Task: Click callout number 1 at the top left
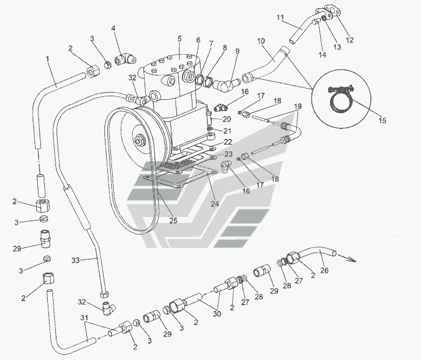tap(47, 59)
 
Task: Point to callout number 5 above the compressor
tap(180, 39)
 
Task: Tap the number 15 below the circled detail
tap(383, 121)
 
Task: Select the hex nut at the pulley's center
tap(140, 141)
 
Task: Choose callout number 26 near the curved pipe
tap(325, 270)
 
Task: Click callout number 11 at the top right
tap(279, 16)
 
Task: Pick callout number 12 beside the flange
tap(350, 41)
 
